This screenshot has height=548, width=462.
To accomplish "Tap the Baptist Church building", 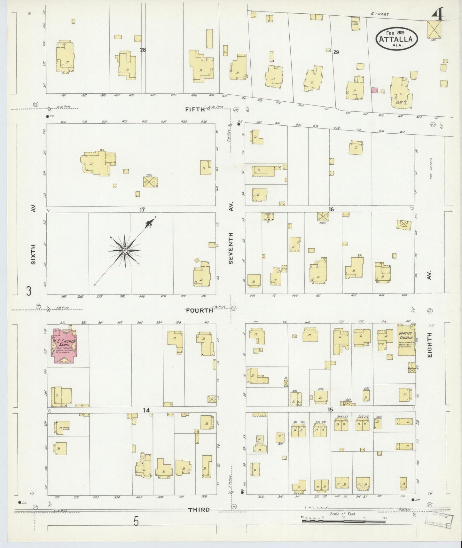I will (406, 340).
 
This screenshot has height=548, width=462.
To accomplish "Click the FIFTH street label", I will (195, 110).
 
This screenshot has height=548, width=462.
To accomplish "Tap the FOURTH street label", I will (200, 310).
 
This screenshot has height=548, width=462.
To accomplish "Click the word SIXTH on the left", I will (33, 254).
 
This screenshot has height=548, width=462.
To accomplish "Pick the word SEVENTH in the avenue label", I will (231, 248).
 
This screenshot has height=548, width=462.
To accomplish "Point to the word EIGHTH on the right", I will (429, 345).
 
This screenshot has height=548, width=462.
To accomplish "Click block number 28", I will (143, 50).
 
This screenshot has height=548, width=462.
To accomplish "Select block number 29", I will (336, 52).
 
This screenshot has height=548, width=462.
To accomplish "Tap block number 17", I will (142, 209).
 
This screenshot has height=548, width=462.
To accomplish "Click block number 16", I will (331, 209).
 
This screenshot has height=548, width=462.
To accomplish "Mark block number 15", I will (330, 410).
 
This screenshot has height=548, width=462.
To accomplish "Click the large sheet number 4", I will (437, 14).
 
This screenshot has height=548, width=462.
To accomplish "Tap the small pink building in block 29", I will (374, 90).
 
